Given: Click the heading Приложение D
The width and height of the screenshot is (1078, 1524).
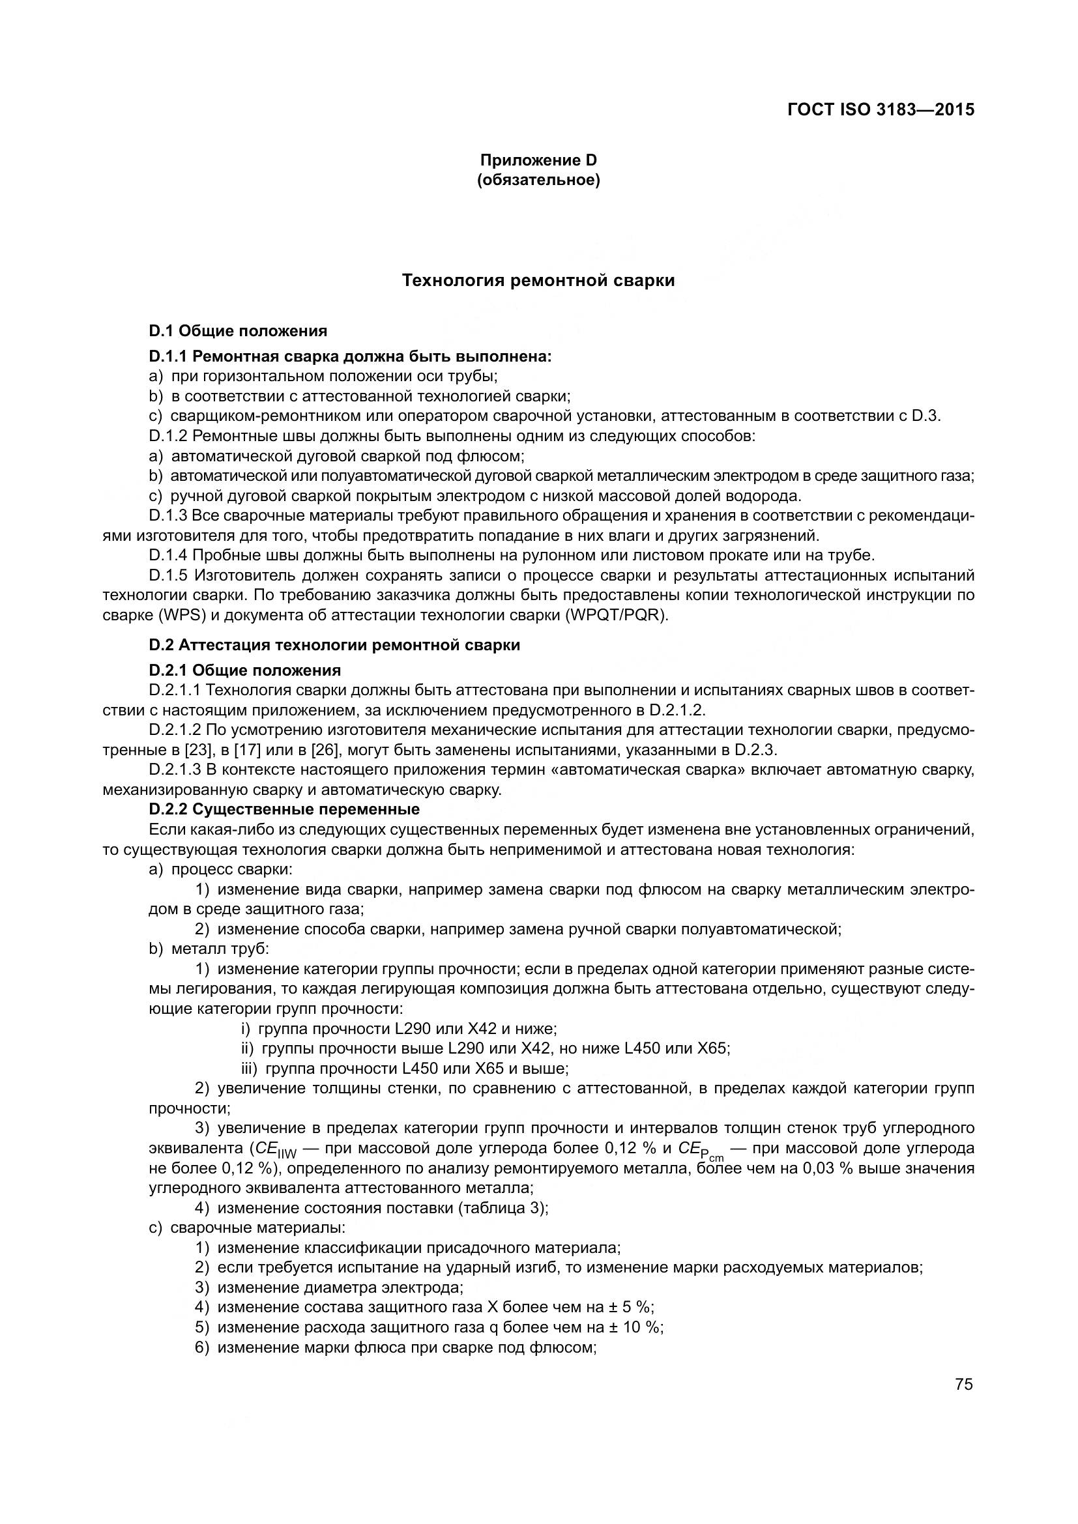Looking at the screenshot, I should [538, 160].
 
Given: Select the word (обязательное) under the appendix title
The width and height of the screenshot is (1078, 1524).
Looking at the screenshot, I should [538, 180].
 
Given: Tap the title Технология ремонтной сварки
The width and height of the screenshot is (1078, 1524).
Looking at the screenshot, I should [538, 280].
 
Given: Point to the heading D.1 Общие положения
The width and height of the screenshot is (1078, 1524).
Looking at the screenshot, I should [238, 330].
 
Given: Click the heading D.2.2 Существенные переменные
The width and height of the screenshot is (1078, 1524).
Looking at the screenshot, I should [284, 809].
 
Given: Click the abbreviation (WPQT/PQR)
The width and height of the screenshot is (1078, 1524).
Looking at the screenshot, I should [617, 614].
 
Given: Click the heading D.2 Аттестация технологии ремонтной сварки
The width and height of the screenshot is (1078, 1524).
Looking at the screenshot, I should [334, 645].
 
